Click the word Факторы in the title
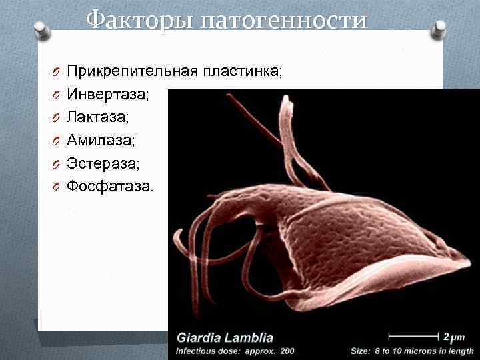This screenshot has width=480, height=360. pyautogui.click(x=134, y=20)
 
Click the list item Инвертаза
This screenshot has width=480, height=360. pyautogui.click(x=108, y=95)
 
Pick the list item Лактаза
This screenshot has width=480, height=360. pyautogui.click(x=99, y=117)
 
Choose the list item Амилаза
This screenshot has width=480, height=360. pyautogui.click(x=101, y=140)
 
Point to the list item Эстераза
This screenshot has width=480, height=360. pyautogui.click(x=103, y=163)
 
